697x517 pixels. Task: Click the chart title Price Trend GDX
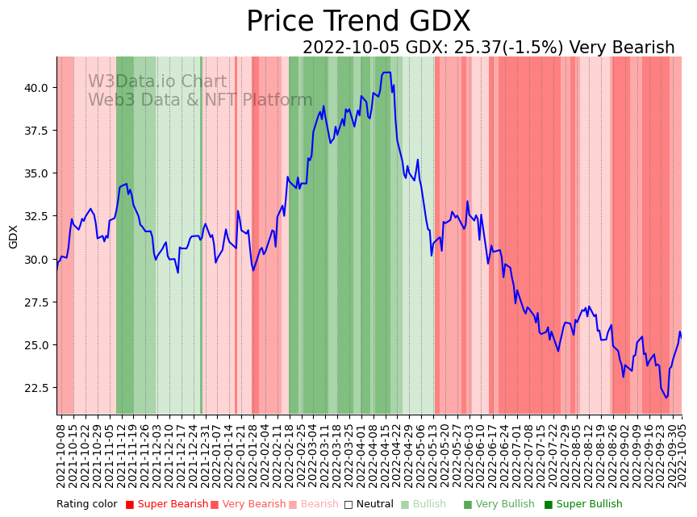(358, 22)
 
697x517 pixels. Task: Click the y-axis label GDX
(13, 236)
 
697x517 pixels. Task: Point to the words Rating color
(86, 504)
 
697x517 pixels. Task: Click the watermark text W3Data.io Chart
(157, 81)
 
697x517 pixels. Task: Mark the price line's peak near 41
(386, 73)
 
